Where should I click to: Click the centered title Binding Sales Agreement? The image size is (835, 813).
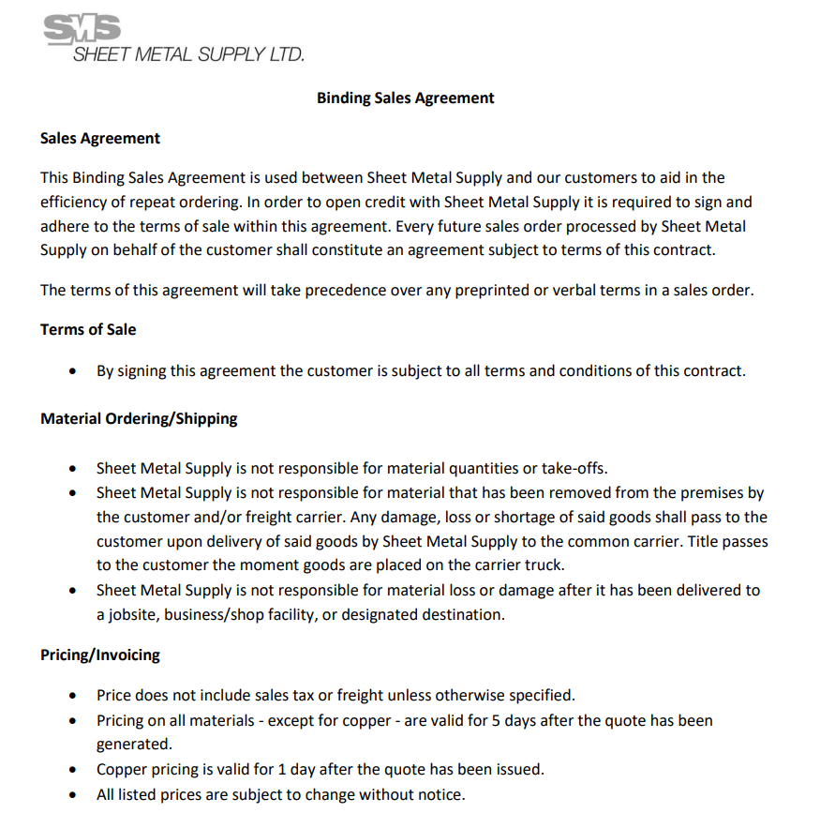[x=405, y=98]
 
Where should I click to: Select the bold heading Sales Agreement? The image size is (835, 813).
[x=100, y=138]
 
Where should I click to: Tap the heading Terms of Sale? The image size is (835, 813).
[x=88, y=329]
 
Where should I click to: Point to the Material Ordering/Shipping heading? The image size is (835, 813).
[x=139, y=418]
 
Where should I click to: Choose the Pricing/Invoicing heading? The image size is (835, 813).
[x=100, y=655]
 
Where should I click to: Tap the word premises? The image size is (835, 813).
[x=687, y=492]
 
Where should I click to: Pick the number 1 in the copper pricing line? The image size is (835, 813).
[x=283, y=769]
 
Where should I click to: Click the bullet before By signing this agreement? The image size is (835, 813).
[x=74, y=371]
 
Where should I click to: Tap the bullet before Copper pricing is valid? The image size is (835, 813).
[x=74, y=770]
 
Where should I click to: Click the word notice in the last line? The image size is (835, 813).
[x=440, y=794]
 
